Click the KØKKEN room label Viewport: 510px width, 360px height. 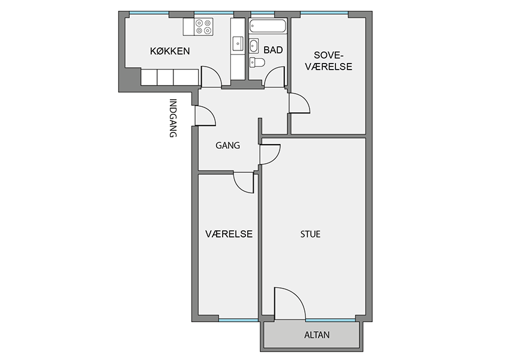pos(170,51)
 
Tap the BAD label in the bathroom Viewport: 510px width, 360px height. pos(273,50)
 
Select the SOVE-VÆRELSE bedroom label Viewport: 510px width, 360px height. pos(329,61)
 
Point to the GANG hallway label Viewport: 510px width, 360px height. pos(227,145)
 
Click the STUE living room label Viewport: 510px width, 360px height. pos(310,234)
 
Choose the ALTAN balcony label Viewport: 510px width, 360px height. pos(317,335)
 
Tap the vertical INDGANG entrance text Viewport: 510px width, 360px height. pos(173,118)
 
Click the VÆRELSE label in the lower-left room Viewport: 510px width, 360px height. pos(229,234)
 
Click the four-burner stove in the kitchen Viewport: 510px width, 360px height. pos(203,26)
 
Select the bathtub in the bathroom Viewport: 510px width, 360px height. pos(268,26)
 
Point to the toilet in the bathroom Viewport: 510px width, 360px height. pos(257,62)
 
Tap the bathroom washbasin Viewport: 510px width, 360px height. pos(254,46)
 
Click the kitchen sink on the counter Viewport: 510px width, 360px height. pos(238,44)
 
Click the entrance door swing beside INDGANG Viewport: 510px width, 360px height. pos(205,116)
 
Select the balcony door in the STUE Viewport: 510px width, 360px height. pos(290,303)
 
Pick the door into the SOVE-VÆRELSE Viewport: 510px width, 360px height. pos(299,103)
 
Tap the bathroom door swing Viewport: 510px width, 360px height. pos(275,77)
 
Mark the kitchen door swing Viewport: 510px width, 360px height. pos(211,77)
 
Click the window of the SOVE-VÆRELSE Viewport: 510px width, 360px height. pos(324,13)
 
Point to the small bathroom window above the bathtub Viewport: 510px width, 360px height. pos(262,13)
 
